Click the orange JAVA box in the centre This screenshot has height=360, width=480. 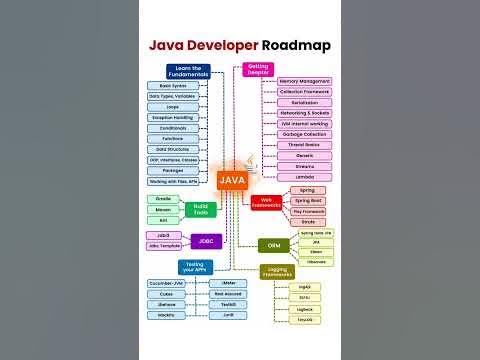[x=232, y=180]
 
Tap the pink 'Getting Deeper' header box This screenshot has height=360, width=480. [x=258, y=70]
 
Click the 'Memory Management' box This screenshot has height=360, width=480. [x=304, y=81]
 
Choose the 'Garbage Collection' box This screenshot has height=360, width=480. [x=304, y=133]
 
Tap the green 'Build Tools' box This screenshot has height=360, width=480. [x=200, y=208]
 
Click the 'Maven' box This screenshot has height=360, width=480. [x=163, y=209]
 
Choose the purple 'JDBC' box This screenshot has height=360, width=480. [x=205, y=241]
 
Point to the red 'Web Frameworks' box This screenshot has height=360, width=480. [x=266, y=200]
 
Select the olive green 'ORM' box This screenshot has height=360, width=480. [x=272, y=245]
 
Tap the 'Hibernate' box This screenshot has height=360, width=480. [x=316, y=262]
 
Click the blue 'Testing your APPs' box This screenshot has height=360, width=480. [x=195, y=267]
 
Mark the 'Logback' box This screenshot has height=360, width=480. [x=305, y=310]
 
